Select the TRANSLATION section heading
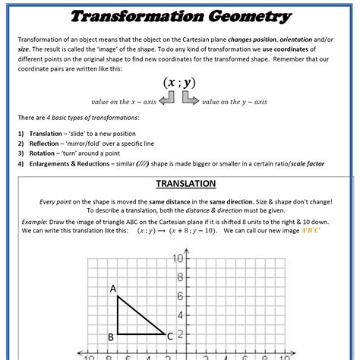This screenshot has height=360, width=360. tap(185, 184)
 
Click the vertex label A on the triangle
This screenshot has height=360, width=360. tap(112, 289)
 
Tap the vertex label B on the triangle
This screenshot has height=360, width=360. tap(110, 336)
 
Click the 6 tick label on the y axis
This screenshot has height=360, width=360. tap(179, 296)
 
